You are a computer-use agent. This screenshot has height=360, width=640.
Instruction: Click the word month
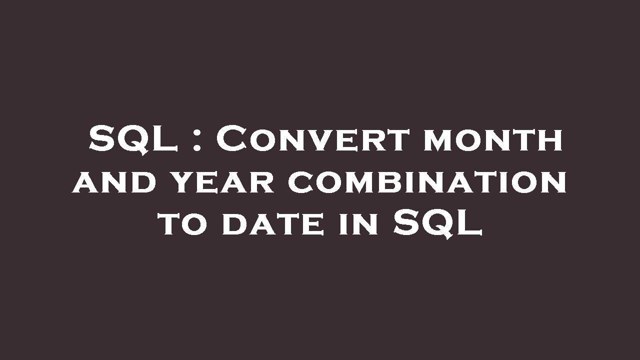[493, 140]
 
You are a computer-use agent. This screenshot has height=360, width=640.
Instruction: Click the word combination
[427, 182]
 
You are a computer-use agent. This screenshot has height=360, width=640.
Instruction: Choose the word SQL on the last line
[437, 223]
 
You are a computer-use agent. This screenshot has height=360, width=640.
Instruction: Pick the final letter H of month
[550, 141]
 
